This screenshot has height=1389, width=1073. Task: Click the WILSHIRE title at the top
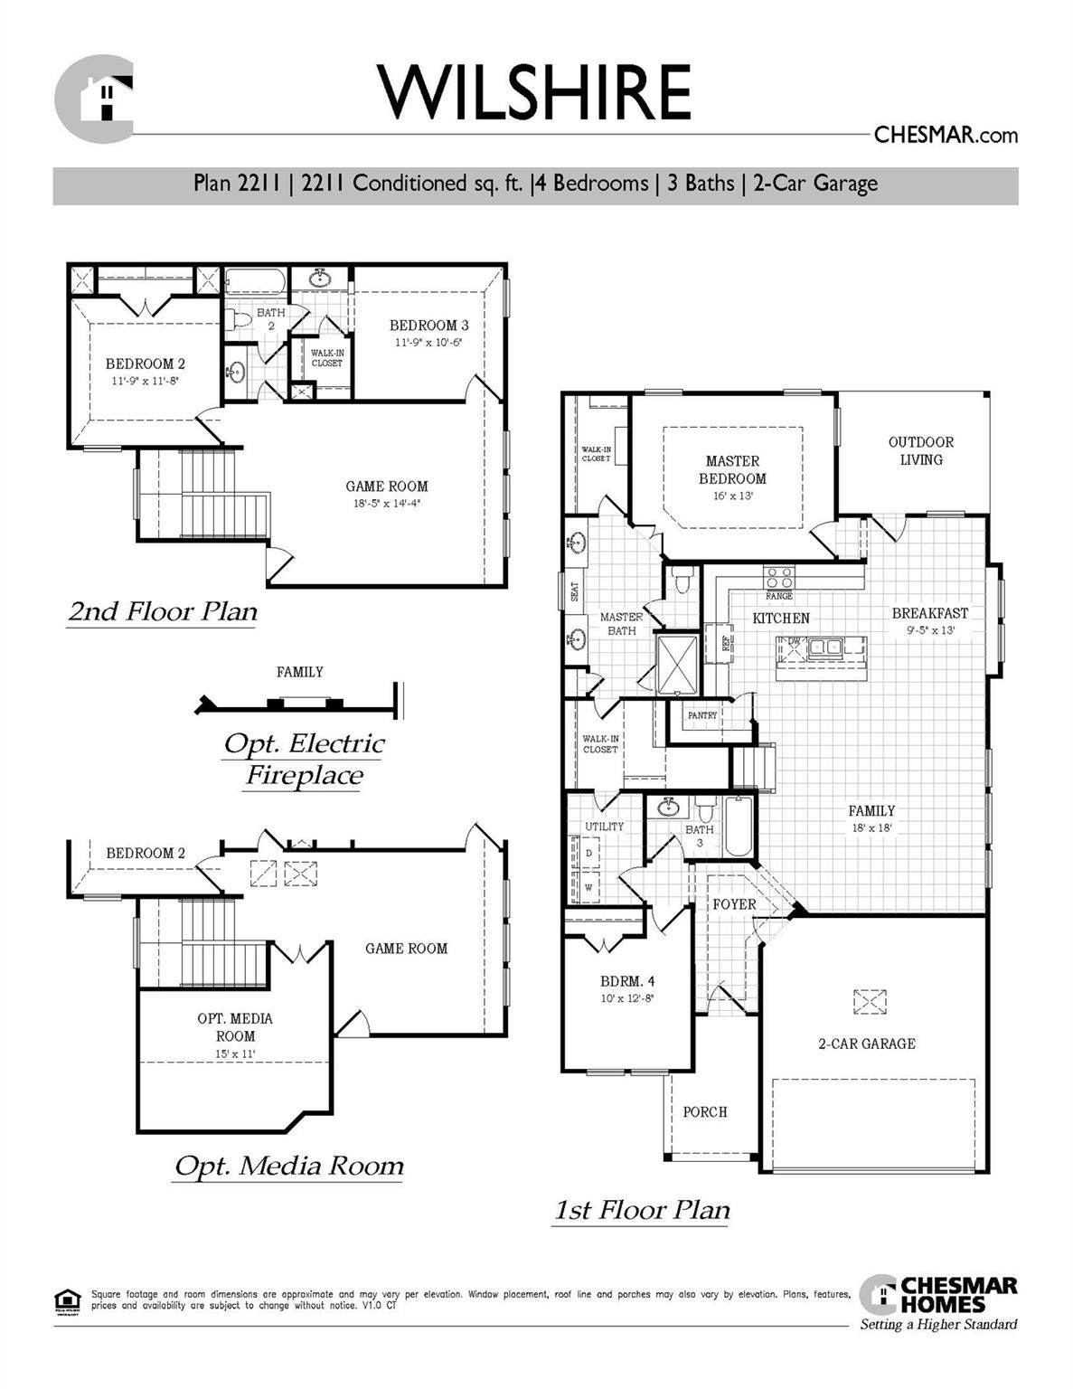[535, 92]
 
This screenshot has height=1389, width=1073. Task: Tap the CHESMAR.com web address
[946, 136]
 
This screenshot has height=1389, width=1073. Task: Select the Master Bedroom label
[732, 469]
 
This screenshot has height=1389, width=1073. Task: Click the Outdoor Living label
[920, 450]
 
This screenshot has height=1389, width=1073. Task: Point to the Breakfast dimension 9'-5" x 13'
[930, 630]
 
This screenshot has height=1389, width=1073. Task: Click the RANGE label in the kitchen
[778, 596]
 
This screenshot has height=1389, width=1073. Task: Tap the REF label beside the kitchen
[726, 642]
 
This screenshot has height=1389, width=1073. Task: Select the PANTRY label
[702, 715]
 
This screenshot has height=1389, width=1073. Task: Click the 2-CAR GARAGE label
[866, 1044]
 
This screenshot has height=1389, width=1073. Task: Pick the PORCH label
[704, 1111]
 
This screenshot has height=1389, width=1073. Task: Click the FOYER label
[734, 904]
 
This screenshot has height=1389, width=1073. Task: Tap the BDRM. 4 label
[626, 981]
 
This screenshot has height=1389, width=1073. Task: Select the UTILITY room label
[604, 827]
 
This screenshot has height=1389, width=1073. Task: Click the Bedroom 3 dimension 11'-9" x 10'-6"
[428, 343]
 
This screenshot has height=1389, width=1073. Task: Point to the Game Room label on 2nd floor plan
[387, 487]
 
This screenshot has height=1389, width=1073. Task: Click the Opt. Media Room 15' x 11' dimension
[235, 1054]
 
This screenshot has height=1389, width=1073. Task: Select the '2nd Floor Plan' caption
[163, 612]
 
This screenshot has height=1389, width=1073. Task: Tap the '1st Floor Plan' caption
[641, 1210]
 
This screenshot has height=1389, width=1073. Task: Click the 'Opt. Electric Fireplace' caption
[304, 760]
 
